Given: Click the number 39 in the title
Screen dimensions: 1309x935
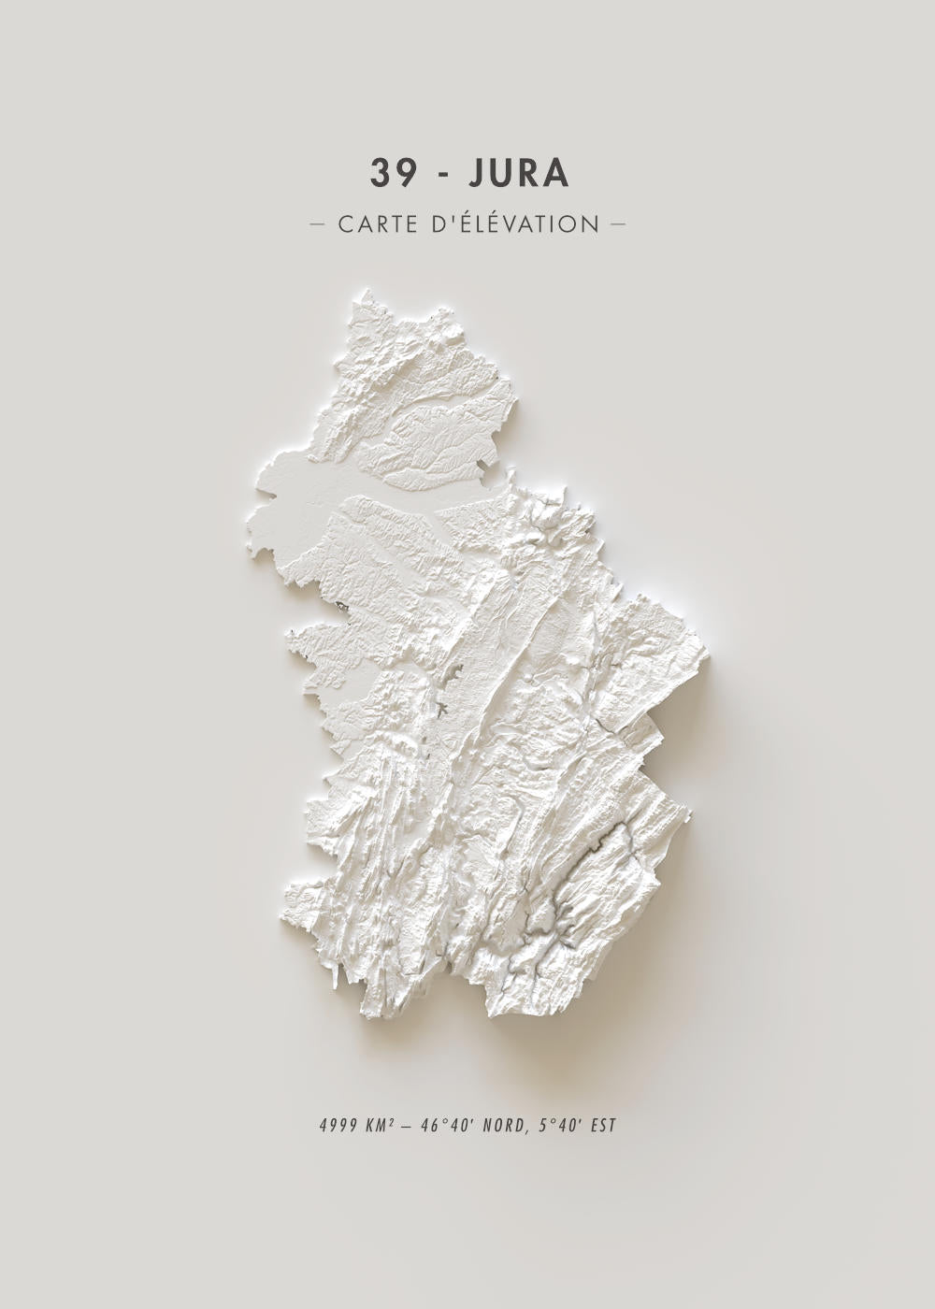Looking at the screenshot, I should pyautogui.click(x=390, y=173).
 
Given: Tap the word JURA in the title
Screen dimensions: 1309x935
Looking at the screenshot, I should pyautogui.click(x=518, y=173).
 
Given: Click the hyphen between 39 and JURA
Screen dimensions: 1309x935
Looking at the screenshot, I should pyautogui.click(x=437, y=175).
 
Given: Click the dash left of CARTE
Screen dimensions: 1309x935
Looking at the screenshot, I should pyautogui.click(x=317, y=224).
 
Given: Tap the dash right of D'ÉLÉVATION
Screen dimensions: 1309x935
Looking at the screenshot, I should pyautogui.click(x=617, y=224).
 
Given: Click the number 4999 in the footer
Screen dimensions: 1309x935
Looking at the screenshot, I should pyautogui.click(x=336, y=1125).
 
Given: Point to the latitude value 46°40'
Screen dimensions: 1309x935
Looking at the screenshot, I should pyautogui.click(x=445, y=1125).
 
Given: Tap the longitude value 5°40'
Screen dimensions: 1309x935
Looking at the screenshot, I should pyautogui.click(x=558, y=1125).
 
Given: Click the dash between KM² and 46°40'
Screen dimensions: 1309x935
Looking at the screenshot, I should pyautogui.click(x=409, y=1125).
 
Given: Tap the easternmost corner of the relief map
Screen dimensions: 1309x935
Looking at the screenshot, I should pyautogui.click(x=709, y=654).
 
